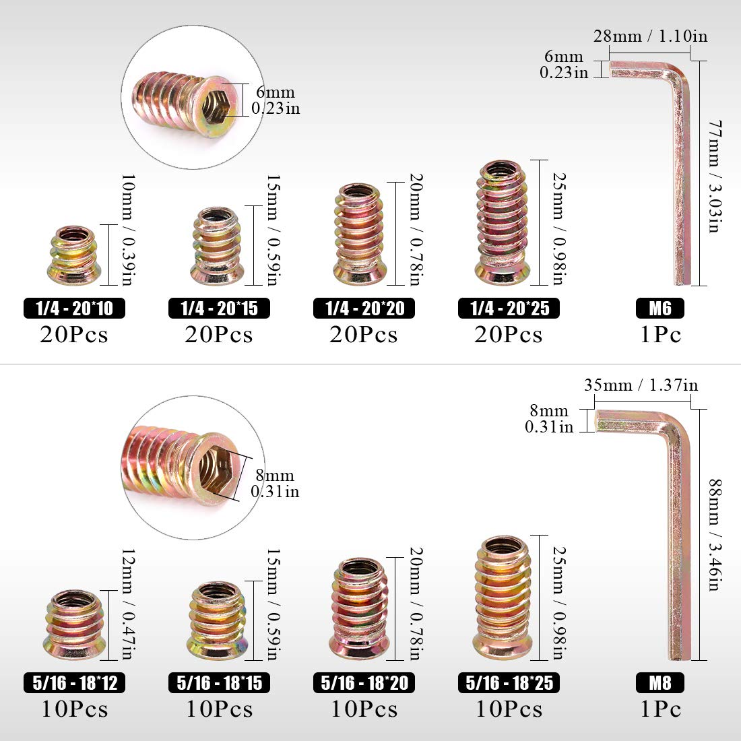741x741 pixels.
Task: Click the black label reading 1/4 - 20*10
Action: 74,309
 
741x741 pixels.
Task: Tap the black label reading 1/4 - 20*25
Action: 509,309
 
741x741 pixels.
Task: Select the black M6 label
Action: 660,309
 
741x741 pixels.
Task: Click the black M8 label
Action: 660,682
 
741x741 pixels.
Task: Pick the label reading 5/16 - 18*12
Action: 74,682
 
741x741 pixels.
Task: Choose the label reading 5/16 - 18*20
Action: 364,682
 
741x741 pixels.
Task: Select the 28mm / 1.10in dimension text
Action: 650,36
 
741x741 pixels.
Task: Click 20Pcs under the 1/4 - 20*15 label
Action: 219,335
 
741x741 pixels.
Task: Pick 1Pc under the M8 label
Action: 660,709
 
